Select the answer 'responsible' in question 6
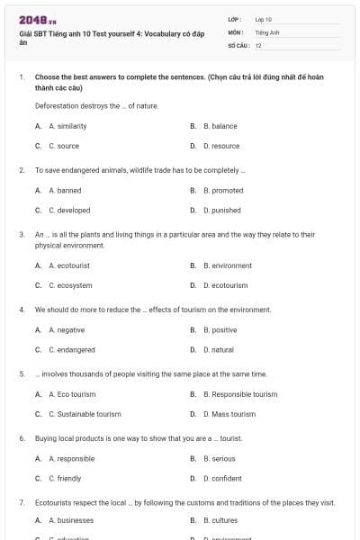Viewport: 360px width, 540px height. tap(76, 458)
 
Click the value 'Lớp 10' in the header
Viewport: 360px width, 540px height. tap(264, 18)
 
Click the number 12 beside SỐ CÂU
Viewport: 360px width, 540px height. tap(258, 44)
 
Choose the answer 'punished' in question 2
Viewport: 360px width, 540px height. tap(226, 211)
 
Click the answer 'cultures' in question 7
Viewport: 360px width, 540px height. tap(224, 520)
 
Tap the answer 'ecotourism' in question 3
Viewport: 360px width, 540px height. tap(229, 285)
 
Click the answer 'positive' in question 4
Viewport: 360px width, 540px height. tap(224, 330)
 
